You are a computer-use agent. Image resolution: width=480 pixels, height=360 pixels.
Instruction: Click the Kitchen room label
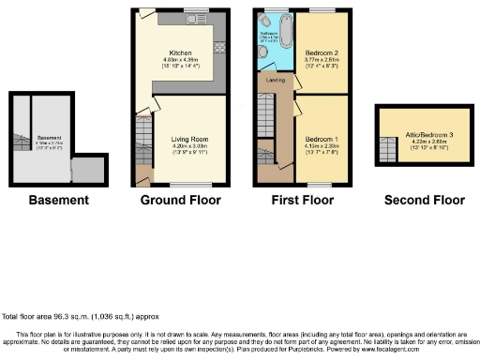[x=180, y=52]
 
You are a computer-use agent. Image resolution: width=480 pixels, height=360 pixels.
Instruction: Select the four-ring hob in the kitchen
[x=222, y=44]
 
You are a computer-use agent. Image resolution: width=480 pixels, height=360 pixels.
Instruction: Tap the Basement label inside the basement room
[x=49, y=138]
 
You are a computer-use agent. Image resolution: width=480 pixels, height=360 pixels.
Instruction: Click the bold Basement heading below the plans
[x=59, y=200]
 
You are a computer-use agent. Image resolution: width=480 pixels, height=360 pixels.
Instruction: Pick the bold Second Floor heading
[x=425, y=200]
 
